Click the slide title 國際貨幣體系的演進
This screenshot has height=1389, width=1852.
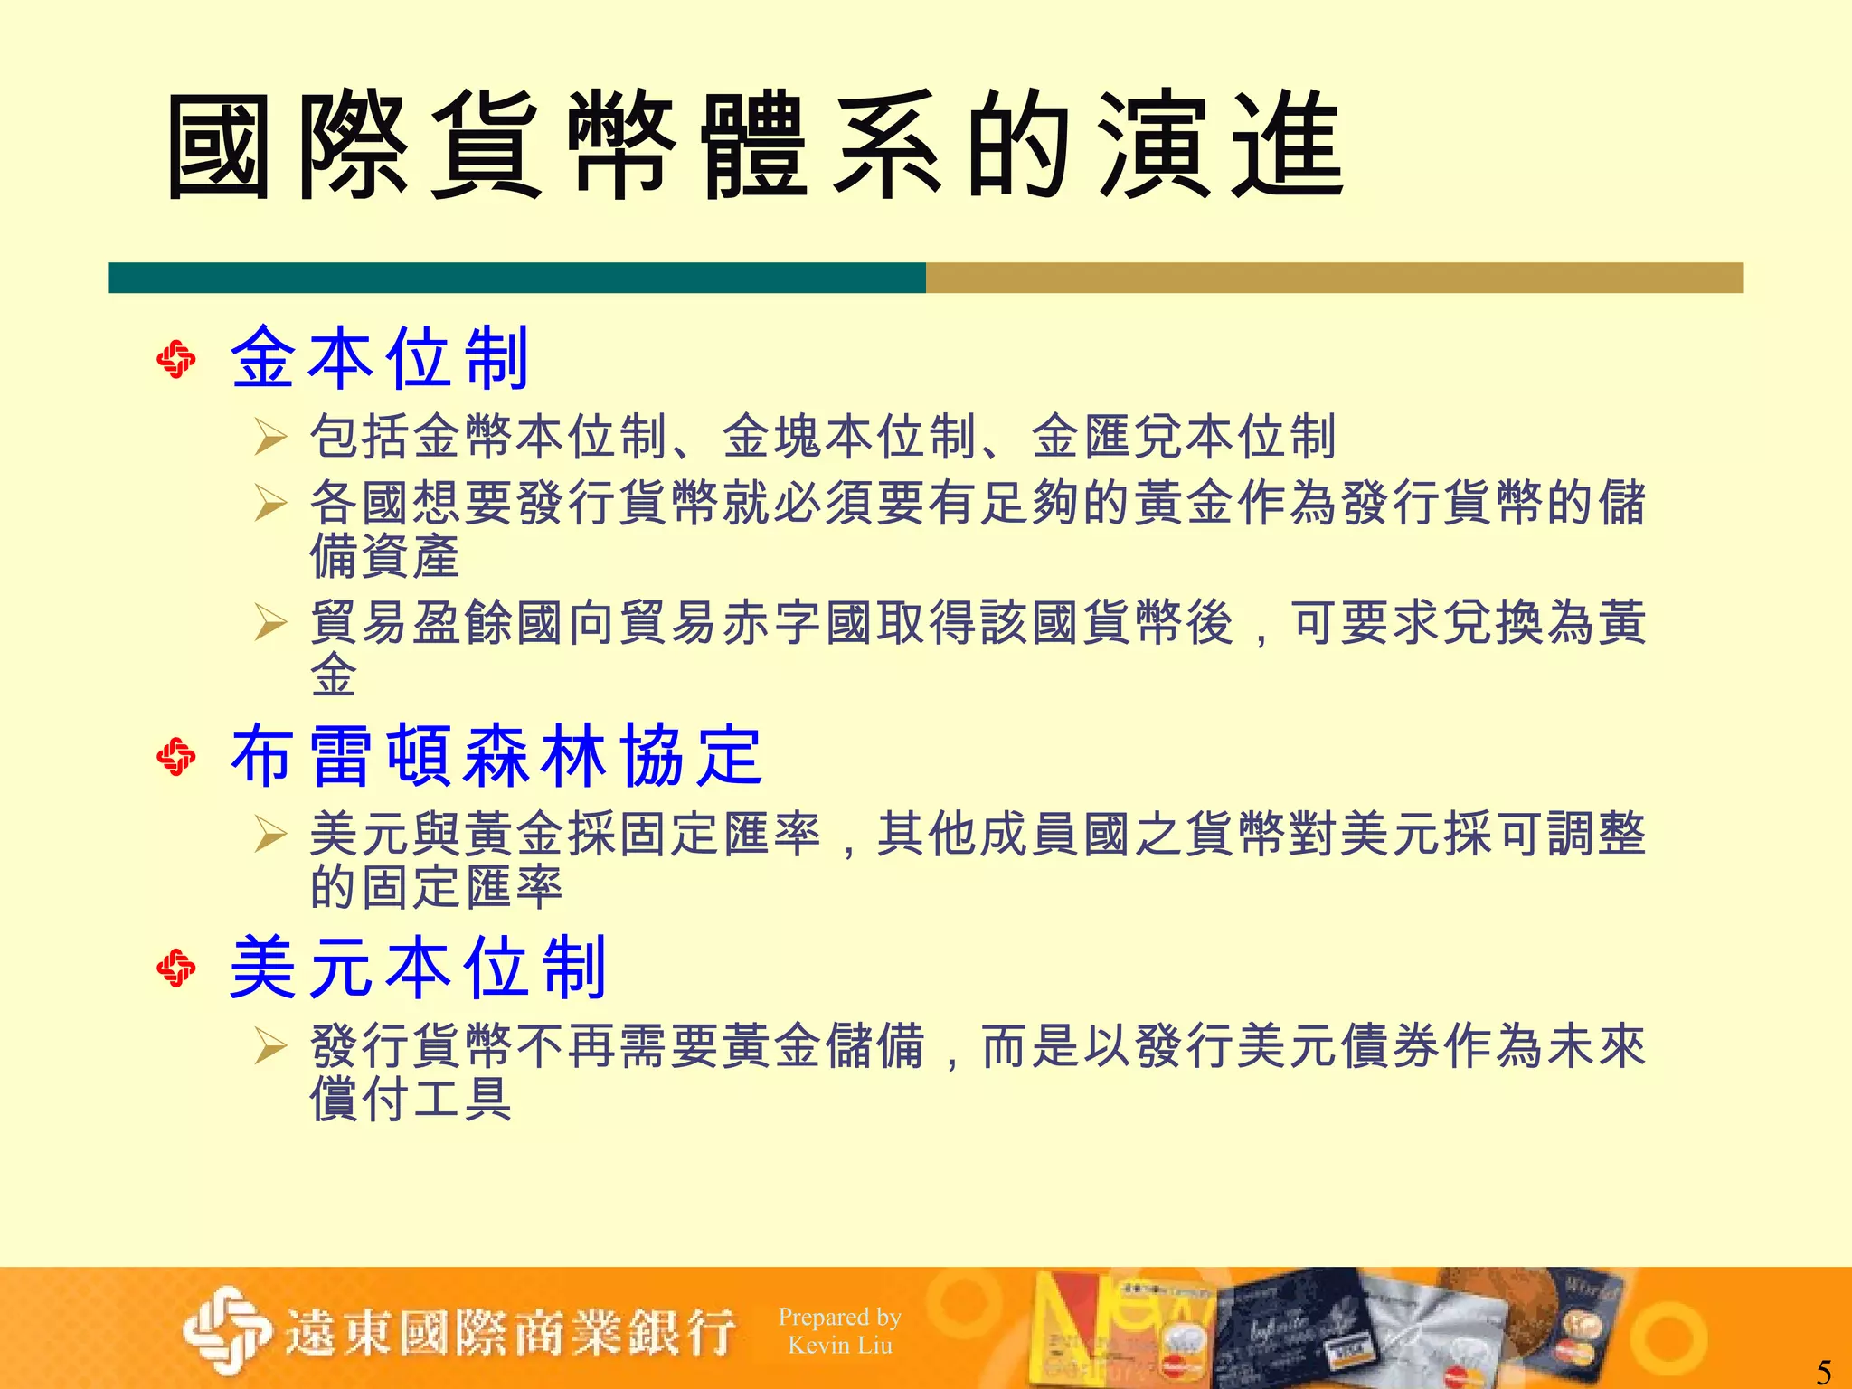click(755, 146)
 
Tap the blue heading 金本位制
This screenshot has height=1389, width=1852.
click(380, 359)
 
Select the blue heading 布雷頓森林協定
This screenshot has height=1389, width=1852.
click(496, 756)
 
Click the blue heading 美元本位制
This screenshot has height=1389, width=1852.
click(418, 969)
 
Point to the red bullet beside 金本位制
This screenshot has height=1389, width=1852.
click(176, 360)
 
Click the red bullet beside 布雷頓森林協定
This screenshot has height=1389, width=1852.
click(176, 757)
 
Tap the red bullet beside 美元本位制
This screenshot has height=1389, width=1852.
click(176, 969)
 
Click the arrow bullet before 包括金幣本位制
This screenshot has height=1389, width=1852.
click(270, 437)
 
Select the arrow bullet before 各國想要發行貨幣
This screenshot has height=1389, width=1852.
click(270, 503)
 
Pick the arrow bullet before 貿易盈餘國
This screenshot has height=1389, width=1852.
click(270, 622)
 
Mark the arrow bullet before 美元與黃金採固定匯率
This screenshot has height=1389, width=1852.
click(270, 834)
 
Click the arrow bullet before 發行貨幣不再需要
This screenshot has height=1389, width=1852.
click(270, 1046)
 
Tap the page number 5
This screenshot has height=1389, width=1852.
click(1823, 1371)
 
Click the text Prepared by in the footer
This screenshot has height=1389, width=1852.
click(839, 1318)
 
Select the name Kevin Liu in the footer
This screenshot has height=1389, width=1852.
click(839, 1346)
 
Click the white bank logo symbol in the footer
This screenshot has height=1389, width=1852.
click(227, 1330)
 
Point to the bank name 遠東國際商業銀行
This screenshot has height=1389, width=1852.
click(511, 1333)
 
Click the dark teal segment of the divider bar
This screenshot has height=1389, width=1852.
click(516, 278)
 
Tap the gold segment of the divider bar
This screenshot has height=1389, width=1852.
click(1334, 278)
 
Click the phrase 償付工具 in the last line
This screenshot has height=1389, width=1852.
click(411, 1100)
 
